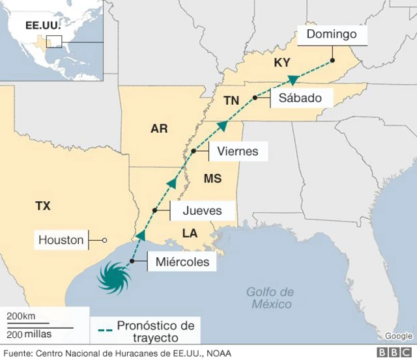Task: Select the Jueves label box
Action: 202,210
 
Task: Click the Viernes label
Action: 237,151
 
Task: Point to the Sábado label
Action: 300,98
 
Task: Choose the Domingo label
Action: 331,35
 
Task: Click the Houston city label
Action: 61,240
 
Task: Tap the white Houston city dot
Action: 104,241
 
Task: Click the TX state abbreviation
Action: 43,206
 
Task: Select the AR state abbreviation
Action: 159,129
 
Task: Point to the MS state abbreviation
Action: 212,178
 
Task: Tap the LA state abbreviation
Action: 190,232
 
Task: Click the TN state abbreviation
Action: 231,100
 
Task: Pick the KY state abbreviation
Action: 281,62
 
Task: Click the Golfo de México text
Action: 270,298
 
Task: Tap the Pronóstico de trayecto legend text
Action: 154,331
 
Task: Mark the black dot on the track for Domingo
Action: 332,61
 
